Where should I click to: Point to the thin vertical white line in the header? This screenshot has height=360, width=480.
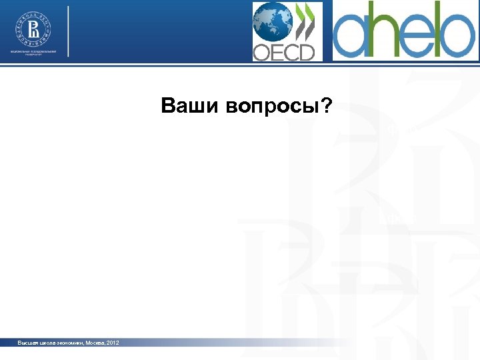point(69,31)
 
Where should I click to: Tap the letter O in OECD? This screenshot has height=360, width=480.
point(262,52)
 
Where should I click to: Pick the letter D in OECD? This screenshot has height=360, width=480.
point(306,52)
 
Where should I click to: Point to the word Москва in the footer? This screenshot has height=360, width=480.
point(95,343)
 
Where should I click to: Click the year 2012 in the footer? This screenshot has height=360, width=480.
point(113,343)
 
